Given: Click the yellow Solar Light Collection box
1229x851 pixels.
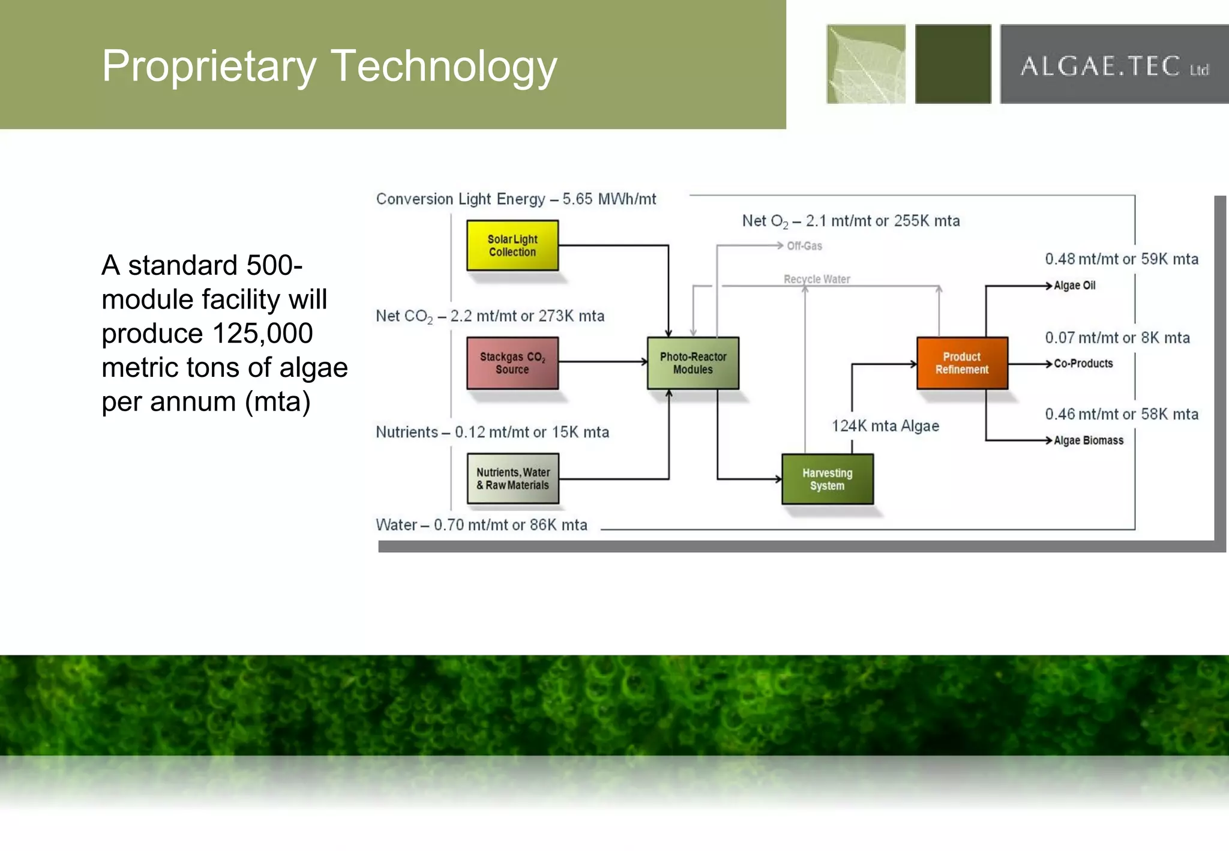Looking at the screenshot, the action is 512,245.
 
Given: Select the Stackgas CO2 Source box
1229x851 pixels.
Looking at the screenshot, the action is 512,362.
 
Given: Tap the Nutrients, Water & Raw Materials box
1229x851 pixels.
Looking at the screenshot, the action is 513,478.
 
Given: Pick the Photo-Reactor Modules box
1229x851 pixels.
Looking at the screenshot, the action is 693,363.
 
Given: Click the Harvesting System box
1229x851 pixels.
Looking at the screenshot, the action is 828,479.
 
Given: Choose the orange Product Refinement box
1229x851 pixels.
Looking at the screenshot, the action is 962,363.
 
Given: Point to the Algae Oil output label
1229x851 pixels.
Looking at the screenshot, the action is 1075,286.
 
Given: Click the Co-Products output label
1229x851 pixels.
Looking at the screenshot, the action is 1083,364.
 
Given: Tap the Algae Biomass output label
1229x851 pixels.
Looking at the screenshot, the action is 1089,441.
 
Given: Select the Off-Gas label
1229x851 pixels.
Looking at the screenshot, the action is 805,246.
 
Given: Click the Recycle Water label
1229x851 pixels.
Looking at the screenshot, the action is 817,279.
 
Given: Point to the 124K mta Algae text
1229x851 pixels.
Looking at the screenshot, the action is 885,426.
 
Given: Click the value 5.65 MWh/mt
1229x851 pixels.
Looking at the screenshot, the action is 609,199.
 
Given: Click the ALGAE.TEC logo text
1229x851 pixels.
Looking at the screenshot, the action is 1114,66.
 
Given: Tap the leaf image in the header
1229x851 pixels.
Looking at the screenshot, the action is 866,64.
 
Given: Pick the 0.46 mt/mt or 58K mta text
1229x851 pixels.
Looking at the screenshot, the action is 1122,414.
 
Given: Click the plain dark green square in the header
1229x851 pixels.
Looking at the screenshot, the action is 953,64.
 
